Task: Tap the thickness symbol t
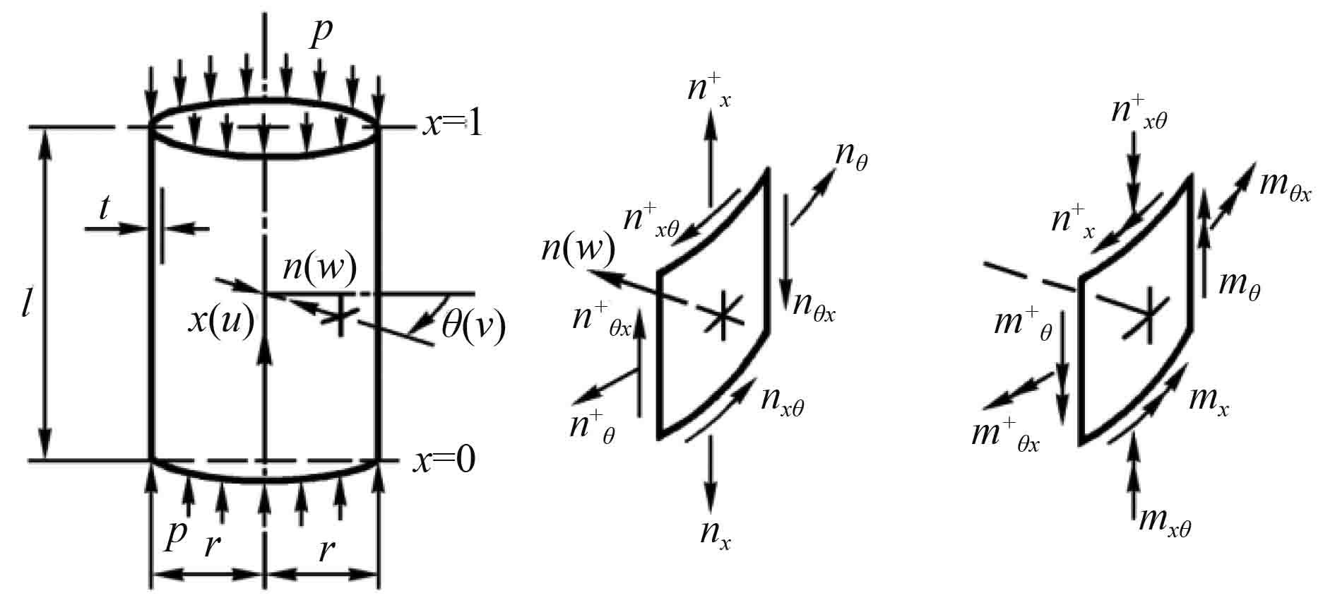tap(105, 208)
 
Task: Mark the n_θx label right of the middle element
tap(814, 305)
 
